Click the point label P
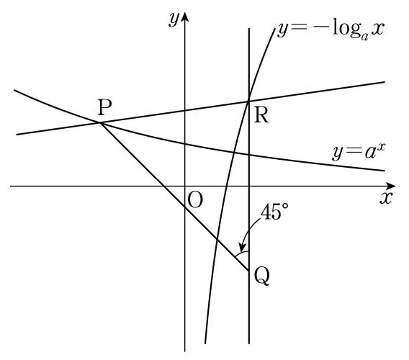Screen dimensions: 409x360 point(105,107)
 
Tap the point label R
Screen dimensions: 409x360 point(261,115)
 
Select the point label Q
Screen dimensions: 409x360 point(261,276)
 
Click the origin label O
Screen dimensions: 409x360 point(195,200)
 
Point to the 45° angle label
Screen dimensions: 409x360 point(274,211)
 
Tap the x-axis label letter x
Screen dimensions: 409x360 point(386,198)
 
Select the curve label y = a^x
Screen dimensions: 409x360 point(359,151)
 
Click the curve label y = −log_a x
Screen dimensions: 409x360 point(331,31)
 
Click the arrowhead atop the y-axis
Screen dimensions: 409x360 point(185,17)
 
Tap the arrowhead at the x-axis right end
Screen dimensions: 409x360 point(390,186)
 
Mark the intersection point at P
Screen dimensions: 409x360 point(100,122)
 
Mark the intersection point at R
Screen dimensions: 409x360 point(249,101)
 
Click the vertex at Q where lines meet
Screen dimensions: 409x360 point(249,271)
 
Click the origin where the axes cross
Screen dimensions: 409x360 point(185,186)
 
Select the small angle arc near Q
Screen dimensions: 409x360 point(241,253)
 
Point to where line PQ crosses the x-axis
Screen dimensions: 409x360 point(164,186)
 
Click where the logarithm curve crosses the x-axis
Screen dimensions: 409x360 point(226,186)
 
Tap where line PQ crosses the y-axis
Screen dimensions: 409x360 point(185,207)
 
